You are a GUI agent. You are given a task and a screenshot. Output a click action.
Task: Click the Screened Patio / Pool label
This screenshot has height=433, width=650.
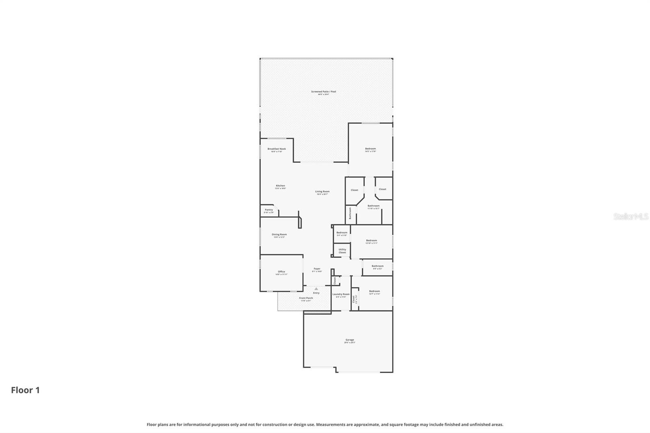323,92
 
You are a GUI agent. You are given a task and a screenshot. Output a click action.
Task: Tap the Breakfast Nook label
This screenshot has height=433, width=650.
276,149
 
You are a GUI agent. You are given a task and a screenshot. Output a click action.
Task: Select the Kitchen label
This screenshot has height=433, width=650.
280,186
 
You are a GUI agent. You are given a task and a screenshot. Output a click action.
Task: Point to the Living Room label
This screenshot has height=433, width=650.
322,192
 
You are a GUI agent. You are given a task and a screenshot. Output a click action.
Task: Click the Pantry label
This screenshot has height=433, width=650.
269,210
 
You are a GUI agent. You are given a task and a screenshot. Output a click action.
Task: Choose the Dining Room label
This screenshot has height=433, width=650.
279,234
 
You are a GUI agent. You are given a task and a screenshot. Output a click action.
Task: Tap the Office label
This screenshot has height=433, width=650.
281,272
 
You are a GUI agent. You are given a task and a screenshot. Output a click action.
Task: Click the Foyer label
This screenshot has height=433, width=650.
317,269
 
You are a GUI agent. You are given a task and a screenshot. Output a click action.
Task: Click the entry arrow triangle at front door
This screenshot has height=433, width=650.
316,289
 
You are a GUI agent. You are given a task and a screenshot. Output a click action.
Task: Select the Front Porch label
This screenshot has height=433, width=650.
306,298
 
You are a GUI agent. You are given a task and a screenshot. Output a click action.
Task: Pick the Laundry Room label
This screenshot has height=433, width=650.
341,294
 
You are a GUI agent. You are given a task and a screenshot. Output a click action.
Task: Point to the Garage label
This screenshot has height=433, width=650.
350,340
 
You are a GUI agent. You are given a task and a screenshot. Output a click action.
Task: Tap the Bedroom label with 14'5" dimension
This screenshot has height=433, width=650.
370,149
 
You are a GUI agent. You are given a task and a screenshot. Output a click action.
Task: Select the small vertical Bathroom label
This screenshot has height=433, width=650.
350,214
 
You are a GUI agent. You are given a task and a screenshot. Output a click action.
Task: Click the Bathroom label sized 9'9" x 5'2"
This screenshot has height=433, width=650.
377,266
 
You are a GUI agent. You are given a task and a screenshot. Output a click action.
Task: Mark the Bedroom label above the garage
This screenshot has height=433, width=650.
374,291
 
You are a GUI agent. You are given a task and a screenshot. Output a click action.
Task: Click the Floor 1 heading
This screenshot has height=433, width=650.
25,390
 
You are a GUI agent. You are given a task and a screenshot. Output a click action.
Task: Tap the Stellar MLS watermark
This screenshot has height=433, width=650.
630,217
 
